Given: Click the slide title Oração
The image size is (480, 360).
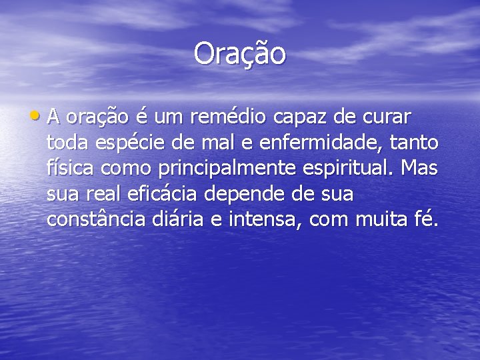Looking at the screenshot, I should pyautogui.click(x=240, y=53).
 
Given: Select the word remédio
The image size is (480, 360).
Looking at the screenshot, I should pyautogui.click(x=229, y=117).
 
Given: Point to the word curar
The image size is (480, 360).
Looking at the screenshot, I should pyautogui.click(x=388, y=117).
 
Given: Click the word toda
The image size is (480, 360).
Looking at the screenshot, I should pyautogui.click(x=69, y=143).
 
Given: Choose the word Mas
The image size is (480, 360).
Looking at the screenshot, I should pyautogui.click(x=420, y=169).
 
